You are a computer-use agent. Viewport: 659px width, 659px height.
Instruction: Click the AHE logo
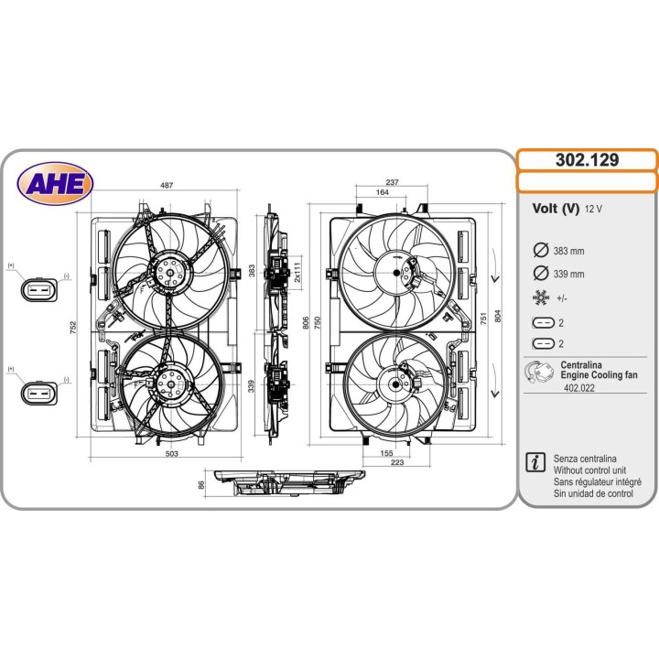(x=55, y=183)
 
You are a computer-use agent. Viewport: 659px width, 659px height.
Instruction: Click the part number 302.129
(x=587, y=159)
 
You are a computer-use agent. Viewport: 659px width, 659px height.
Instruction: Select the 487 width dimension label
(x=167, y=185)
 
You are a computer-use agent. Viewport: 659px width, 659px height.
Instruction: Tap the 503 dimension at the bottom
(x=171, y=453)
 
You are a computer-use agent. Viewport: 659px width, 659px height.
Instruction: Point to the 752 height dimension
(x=73, y=328)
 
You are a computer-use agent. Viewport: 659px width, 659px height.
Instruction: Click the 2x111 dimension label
(x=297, y=272)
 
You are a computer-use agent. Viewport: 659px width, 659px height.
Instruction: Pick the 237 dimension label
(x=392, y=182)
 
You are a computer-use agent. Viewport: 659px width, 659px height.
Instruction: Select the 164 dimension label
(x=382, y=192)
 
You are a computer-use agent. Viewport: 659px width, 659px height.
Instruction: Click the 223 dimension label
(x=396, y=462)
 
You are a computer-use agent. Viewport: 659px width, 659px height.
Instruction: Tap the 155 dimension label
(x=386, y=453)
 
